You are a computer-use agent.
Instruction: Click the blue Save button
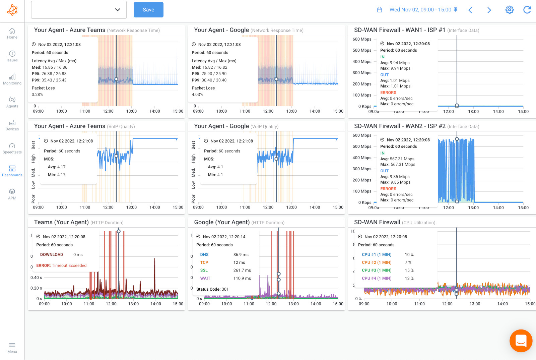[148, 10]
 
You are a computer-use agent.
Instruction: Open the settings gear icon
[509, 10]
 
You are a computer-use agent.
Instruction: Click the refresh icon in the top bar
[527, 10]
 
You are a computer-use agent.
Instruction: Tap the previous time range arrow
[470, 10]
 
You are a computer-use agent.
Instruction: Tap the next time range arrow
[489, 10]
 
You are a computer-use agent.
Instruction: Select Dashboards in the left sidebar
[12, 171]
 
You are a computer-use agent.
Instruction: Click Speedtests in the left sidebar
[12, 148]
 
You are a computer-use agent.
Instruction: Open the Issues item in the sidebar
[12, 56]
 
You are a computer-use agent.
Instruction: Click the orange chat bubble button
[521, 341]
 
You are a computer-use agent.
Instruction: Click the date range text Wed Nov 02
[420, 10]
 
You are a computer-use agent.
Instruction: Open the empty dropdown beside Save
[79, 10]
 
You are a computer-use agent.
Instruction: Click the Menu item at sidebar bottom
[12, 348]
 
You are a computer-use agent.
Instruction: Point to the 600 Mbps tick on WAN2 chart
[362, 135]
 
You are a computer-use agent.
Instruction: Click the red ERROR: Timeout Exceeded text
[61, 265]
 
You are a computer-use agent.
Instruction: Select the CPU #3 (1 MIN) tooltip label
[377, 270]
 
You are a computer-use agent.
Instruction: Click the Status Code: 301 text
[212, 289]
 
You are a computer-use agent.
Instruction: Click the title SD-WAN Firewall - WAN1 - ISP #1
[400, 30]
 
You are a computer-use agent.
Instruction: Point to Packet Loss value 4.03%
[197, 95]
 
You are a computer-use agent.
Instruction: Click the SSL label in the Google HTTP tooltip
[204, 270]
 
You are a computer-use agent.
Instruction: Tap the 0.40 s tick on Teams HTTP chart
[36, 278]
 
